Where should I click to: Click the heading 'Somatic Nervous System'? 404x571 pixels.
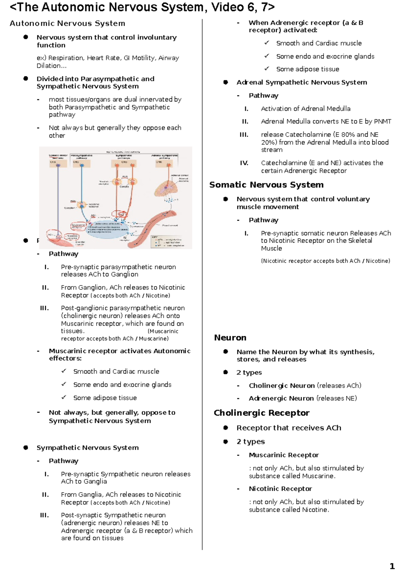pos(266,185)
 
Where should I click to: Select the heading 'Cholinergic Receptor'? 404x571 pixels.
pos(262,413)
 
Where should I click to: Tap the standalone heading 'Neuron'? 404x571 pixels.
pos(230,338)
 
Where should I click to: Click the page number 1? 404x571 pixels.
pos(392,566)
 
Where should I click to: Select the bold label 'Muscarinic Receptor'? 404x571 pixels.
pos(284,455)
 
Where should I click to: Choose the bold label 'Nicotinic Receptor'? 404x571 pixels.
pos(280,489)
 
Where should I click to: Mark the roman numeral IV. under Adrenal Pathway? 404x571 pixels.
pos(244,163)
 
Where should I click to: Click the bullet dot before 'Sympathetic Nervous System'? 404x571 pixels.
pos(26,448)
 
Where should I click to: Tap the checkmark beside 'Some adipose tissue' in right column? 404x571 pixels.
pos(267,69)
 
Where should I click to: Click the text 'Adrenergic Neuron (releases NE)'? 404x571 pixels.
pos(303,398)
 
